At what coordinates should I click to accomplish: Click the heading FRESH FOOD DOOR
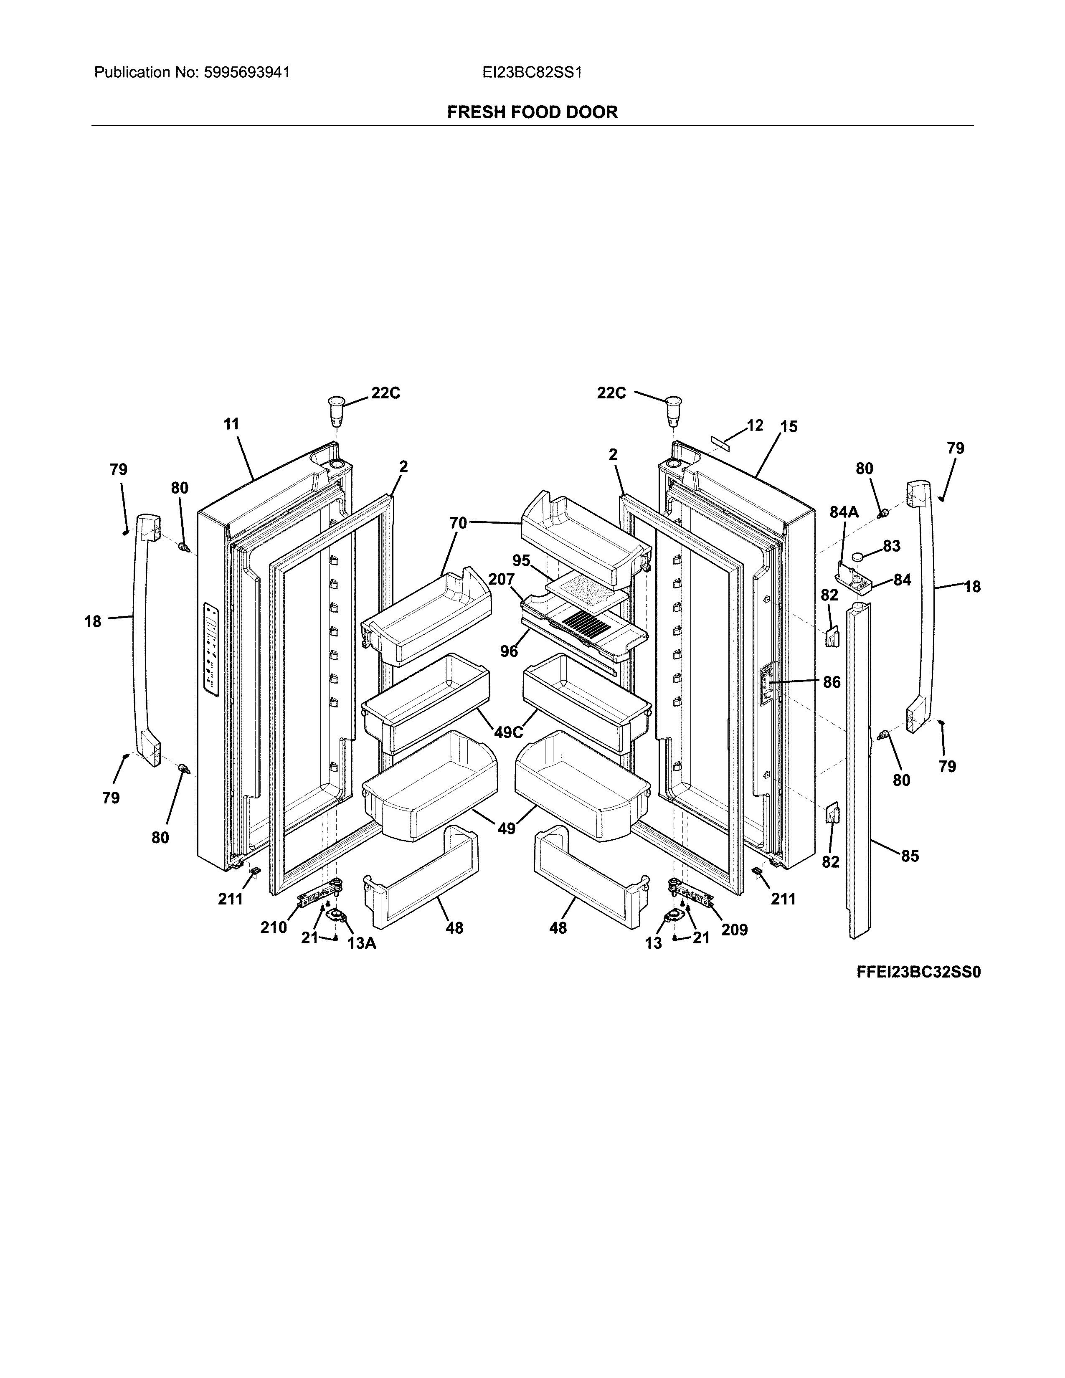click(x=532, y=112)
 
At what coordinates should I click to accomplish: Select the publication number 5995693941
click(x=247, y=73)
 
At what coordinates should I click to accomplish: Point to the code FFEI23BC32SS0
click(x=919, y=972)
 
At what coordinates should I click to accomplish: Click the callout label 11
click(x=231, y=424)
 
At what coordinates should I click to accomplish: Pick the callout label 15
click(x=789, y=426)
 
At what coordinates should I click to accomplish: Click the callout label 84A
click(x=844, y=512)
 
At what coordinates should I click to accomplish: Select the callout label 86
click(x=832, y=681)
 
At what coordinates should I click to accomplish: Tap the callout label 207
click(x=502, y=579)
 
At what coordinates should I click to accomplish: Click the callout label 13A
click(x=362, y=943)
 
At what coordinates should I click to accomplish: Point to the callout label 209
click(x=734, y=930)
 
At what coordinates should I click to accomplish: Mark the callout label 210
click(x=274, y=927)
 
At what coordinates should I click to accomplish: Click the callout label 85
click(x=910, y=856)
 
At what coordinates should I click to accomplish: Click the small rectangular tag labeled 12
click(x=720, y=439)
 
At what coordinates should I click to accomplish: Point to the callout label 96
click(x=509, y=651)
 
